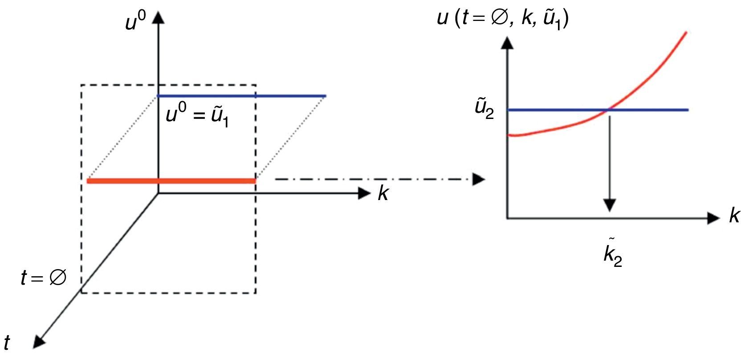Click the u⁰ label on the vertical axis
coord(135,21)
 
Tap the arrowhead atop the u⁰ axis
coord(159,18)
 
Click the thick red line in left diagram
coord(171,181)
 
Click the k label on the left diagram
coord(383,193)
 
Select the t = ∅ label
coord(44,278)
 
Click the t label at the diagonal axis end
coord(7,343)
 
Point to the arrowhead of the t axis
coord(39,341)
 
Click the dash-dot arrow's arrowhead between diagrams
coord(478,179)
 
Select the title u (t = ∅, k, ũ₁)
coord(503,20)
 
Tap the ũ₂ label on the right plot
coord(484,110)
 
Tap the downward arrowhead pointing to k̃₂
coord(609,205)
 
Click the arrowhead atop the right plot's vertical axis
coord(507,42)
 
